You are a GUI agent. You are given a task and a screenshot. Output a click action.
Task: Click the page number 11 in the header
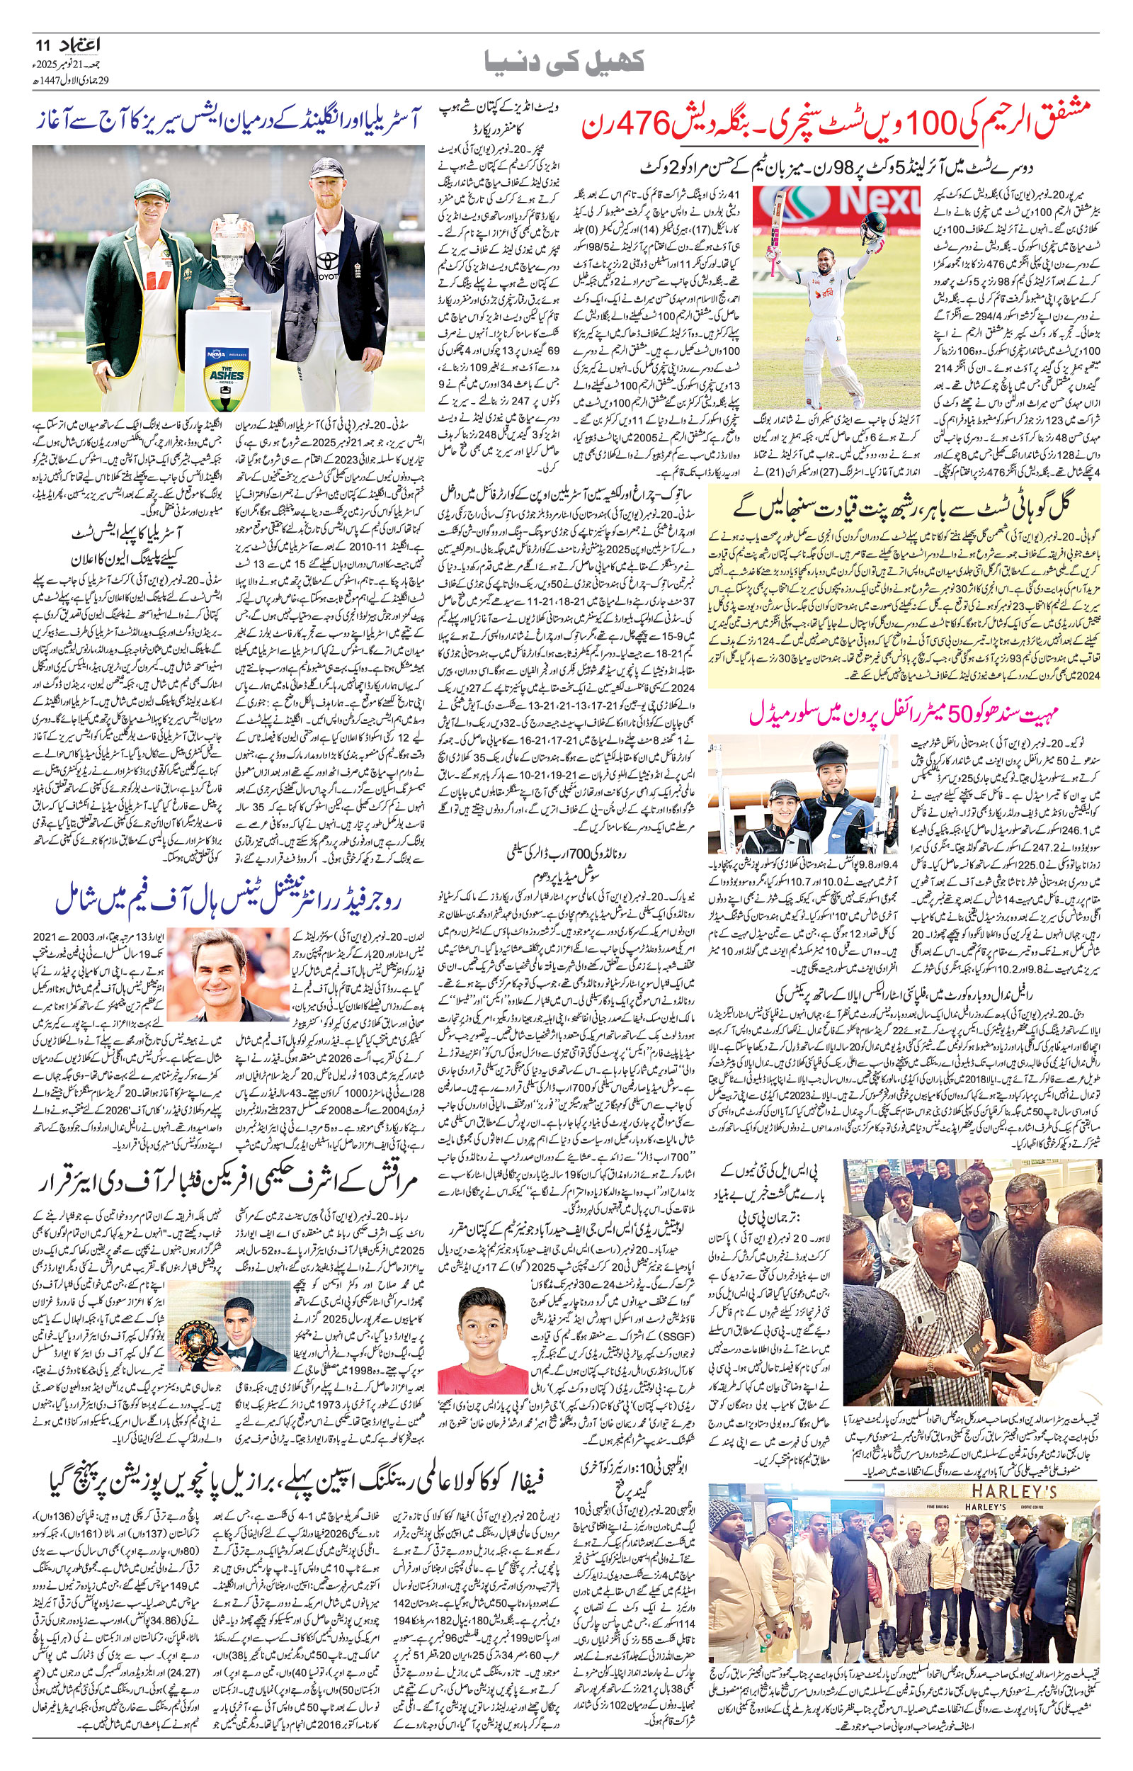click(39, 45)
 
